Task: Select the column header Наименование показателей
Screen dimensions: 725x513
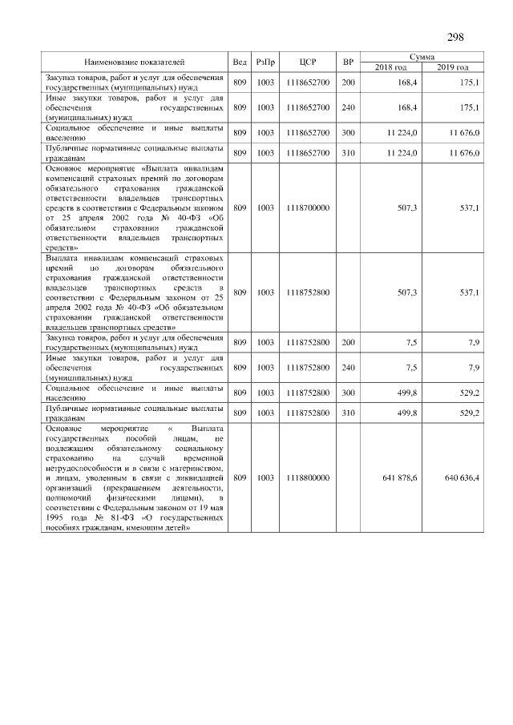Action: click(134, 62)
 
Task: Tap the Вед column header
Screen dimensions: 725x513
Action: click(240, 62)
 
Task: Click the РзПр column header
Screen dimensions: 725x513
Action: click(265, 62)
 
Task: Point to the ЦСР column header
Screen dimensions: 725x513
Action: click(309, 62)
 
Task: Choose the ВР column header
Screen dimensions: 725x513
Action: click(348, 62)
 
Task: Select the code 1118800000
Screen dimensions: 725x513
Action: click(308, 478)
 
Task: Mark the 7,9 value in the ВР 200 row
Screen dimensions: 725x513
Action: click(473, 342)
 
